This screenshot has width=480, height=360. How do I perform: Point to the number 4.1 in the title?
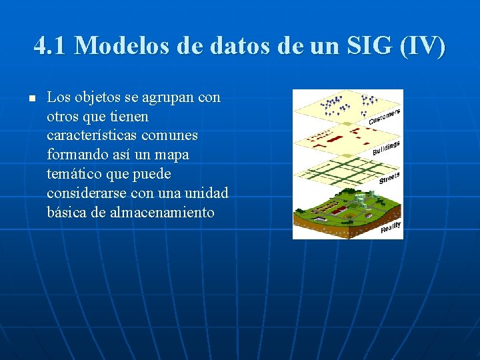51,46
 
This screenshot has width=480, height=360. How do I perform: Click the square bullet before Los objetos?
31,99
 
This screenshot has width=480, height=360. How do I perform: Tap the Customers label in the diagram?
385,116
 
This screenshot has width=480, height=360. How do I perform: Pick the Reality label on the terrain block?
391,227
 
